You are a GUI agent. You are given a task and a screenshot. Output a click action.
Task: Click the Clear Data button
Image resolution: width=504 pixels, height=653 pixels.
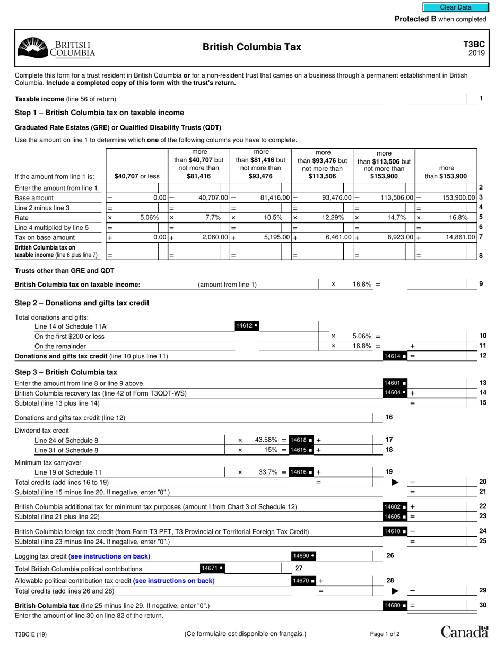pyautogui.click(x=455, y=7)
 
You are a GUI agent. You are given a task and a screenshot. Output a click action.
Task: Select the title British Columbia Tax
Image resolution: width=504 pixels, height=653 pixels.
pyautogui.click(x=251, y=47)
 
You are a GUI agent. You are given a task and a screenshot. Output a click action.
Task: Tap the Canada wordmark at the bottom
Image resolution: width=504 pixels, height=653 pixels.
pyautogui.click(x=464, y=632)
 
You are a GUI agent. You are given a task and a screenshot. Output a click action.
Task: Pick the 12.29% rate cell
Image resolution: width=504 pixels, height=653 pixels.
pyautogui.click(x=333, y=217)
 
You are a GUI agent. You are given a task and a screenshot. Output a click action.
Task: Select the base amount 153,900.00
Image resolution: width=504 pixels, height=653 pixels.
pyautogui.click(x=458, y=197)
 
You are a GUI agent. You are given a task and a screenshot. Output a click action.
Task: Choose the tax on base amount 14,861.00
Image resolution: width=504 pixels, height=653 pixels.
pyautogui.click(x=458, y=237)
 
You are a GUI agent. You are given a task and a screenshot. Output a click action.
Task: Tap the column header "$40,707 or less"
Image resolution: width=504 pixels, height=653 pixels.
pyautogui.click(x=137, y=176)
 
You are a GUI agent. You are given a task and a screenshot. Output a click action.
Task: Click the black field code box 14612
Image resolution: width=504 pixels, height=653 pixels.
pyautogui.click(x=247, y=325)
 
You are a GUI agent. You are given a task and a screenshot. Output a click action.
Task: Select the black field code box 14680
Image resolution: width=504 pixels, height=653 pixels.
pyautogui.click(x=395, y=605)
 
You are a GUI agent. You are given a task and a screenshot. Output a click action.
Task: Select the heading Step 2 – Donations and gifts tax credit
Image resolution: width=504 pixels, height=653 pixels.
pyautogui.click(x=82, y=303)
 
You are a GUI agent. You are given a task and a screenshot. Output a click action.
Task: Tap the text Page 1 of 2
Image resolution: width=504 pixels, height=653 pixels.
pyautogui.click(x=385, y=634)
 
